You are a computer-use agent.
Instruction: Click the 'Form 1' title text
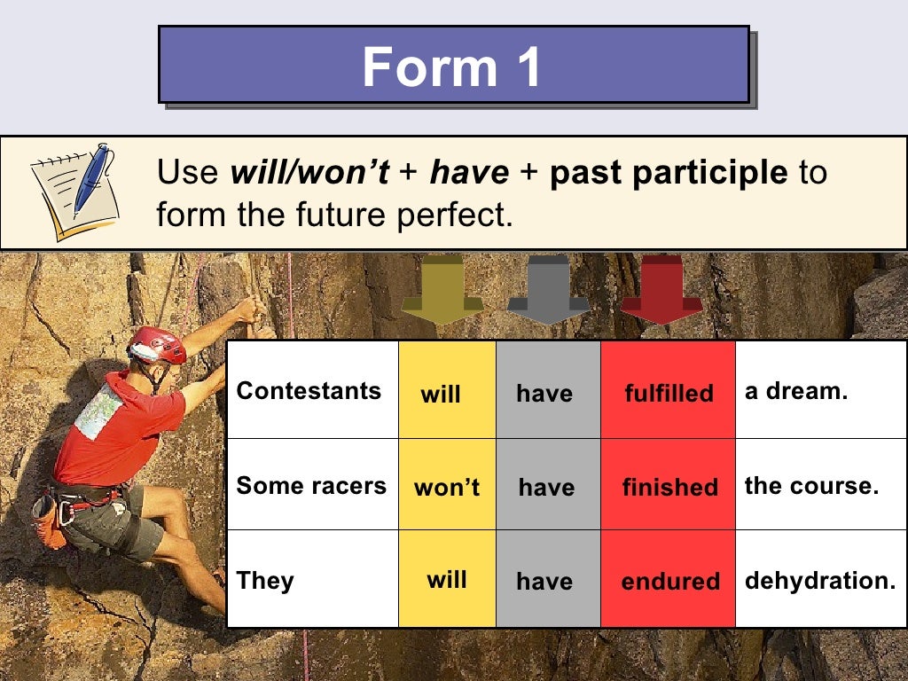(x=452, y=67)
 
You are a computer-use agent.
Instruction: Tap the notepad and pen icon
(x=73, y=191)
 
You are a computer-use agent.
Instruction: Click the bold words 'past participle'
(x=668, y=173)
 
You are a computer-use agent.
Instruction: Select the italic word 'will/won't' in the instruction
(x=309, y=173)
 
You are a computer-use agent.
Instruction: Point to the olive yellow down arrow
(x=442, y=288)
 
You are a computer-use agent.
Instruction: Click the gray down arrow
(x=549, y=288)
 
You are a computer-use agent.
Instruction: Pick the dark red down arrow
(x=661, y=288)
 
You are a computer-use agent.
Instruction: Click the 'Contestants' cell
(x=309, y=391)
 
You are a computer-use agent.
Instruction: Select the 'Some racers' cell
(x=311, y=486)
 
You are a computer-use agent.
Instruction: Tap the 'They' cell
(x=265, y=581)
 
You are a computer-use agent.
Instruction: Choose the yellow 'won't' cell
(x=447, y=487)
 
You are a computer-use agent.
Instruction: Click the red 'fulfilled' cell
(x=669, y=393)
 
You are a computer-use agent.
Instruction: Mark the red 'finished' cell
(x=669, y=487)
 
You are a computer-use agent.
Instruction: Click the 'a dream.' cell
(x=796, y=391)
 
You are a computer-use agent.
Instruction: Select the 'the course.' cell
(x=811, y=486)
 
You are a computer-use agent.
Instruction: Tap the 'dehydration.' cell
(x=820, y=581)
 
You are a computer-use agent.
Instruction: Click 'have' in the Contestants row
(x=544, y=393)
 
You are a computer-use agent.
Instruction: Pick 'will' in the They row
(x=447, y=580)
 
